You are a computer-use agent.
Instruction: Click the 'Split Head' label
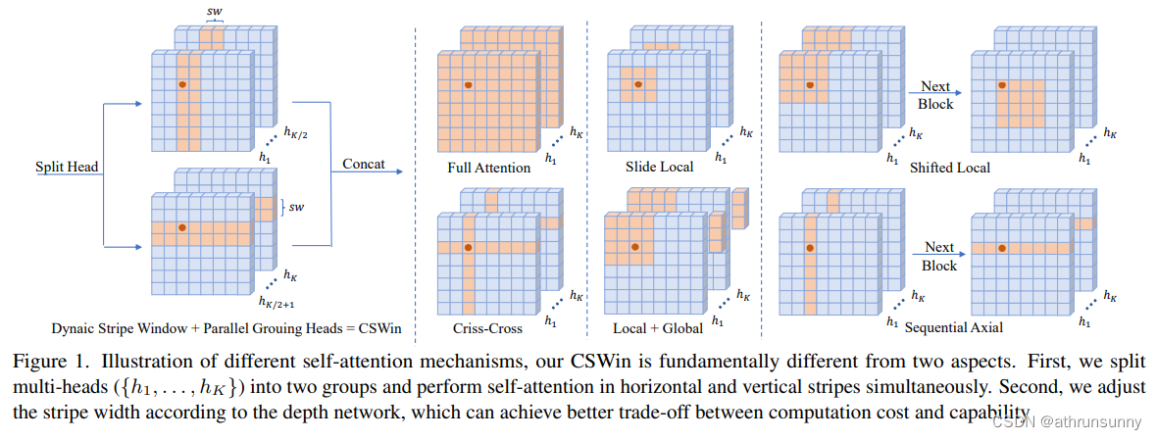click(x=68, y=169)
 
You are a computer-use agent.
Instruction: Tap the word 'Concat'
click(x=364, y=164)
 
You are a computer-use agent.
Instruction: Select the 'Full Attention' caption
click(x=488, y=168)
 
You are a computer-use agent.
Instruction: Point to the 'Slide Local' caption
click(x=659, y=167)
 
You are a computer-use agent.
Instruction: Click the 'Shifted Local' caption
click(x=949, y=168)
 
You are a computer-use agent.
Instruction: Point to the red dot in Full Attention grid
click(x=469, y=85)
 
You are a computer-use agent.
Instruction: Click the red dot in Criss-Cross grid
click(x=469, y=247)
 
